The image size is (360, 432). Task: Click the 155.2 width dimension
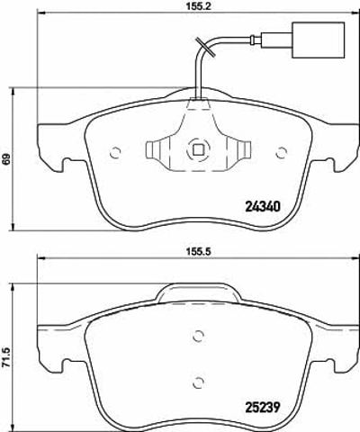197,6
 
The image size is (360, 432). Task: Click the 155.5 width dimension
198,252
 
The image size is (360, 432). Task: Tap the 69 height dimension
5,158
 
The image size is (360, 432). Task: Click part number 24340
263,206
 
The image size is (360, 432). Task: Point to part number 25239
263,408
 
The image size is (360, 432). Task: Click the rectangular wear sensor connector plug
319,40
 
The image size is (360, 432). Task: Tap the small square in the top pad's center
197,149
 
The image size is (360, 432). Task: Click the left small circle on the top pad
115,153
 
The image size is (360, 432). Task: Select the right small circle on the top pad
282,153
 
